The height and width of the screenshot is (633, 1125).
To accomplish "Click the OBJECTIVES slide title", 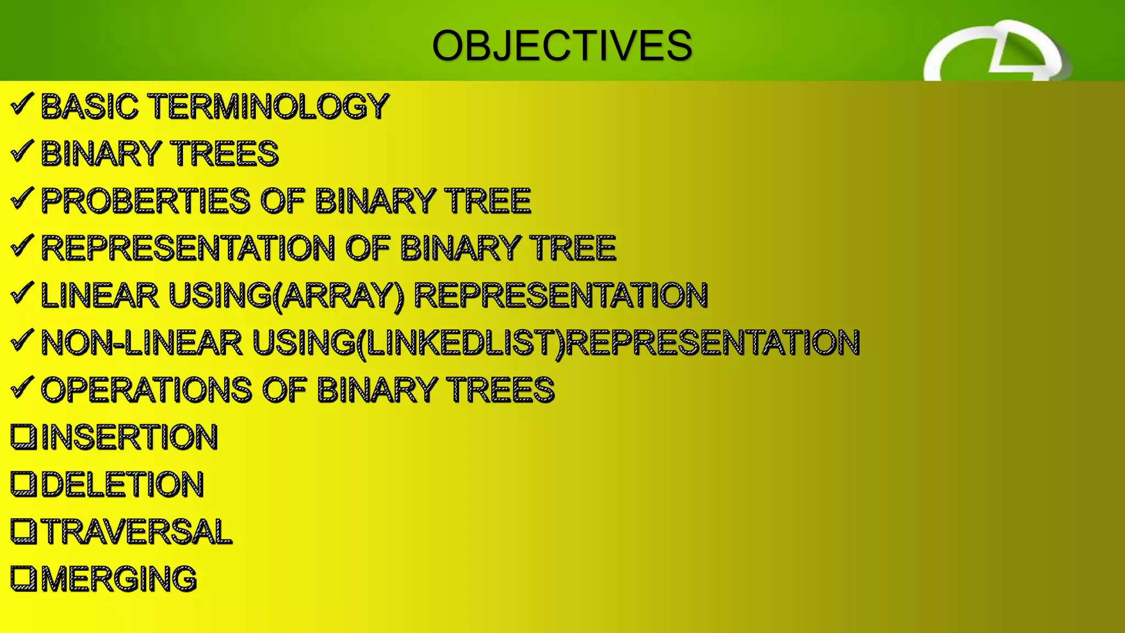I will [x=562, y=46].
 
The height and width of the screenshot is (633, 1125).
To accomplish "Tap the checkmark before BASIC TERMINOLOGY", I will [x=22, y=104].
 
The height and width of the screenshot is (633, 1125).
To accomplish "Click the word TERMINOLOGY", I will [x=269, y=106].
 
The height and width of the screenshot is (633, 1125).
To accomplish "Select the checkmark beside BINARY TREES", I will [x=22, y=151].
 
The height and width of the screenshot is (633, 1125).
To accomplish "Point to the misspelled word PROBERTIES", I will [x=146, y=201].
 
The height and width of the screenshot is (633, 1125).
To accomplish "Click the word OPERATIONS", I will [x=146, y=390].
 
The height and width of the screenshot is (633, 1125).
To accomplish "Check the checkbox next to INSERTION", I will [x=24, y=436].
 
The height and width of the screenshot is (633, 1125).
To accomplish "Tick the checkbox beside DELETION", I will [x=24, y=484].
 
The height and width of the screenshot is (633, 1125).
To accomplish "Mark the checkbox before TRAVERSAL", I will [x=24, y=531].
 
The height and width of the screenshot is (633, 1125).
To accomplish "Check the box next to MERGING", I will [x=24, y=578].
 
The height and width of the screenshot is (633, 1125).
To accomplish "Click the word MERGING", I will [x=119, y=579].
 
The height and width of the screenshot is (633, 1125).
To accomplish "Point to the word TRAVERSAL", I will [x=137, y=531].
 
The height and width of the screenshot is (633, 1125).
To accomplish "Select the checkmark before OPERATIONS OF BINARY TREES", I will [x=22, y=387].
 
